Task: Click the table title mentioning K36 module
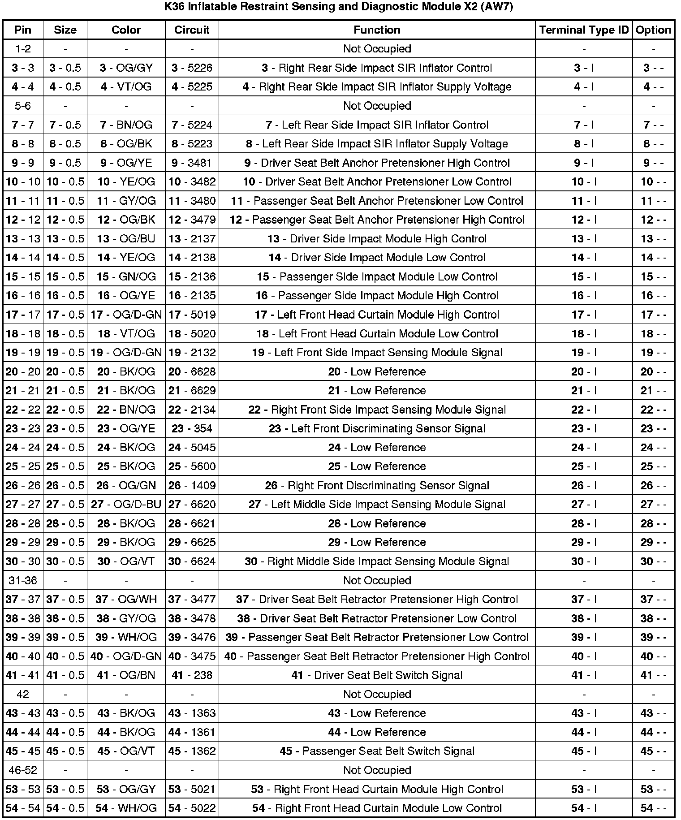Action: point(339,8)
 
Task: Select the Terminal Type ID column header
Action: point(584,30)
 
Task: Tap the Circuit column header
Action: point(192,30)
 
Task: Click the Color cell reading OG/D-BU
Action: point(126,505)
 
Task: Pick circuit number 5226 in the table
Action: point(192,68)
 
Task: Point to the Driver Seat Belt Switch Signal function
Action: point(377,675)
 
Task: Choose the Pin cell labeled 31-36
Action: point(23,581)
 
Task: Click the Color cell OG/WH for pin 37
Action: point(126,600)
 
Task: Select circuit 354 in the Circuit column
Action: point(192,429)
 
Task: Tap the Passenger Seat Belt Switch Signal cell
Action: point(377,751)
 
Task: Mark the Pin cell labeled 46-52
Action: point(23,770)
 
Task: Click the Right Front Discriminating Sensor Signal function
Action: point(377,486)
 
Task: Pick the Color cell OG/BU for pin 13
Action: point(126,239)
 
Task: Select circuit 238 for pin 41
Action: point(192,675)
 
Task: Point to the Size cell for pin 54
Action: point(65,808)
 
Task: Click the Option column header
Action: point(653,30)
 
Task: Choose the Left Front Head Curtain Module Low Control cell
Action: point(377,334)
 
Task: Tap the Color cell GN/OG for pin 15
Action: point(126,277)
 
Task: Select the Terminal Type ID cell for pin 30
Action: point(584,561)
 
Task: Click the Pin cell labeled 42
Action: point(23,695)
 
